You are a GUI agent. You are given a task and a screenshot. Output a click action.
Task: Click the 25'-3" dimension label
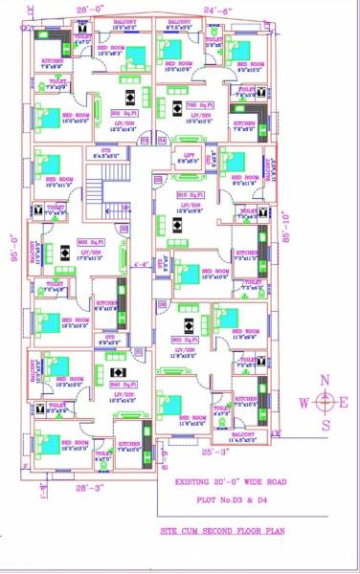click(214, 450)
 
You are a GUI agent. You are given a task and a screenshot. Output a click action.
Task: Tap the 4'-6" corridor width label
click(143, 263)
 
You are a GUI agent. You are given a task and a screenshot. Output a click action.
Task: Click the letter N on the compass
click(326, 381)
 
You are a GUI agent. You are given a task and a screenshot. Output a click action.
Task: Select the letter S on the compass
click(326, 425)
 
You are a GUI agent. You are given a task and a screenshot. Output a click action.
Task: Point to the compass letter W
click(304, 403)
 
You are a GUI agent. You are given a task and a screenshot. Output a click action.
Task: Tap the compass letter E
click(346, 403)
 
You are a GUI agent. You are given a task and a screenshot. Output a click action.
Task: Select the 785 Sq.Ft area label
click(199, 103)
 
